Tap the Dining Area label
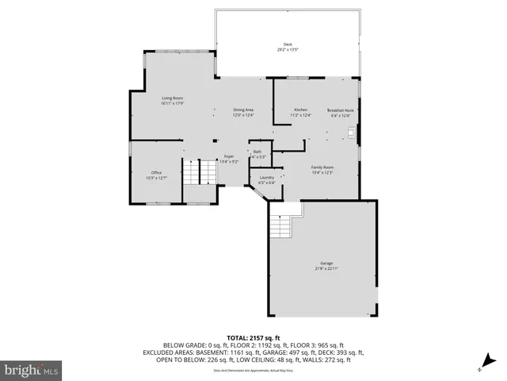(x=243, y=110)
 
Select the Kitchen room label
(x=301, y=110)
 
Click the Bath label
(x=257, y=152)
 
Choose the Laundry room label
(x=266, y=177)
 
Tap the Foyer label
(x=228, y=157)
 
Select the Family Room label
(x=322, y=167)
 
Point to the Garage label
(x=326, y=264)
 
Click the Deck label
(x=288, y=44)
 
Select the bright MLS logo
(x=32, y=370)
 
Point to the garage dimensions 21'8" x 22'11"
(x=326, y=268)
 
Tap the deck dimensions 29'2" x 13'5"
(x=288, y=48)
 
